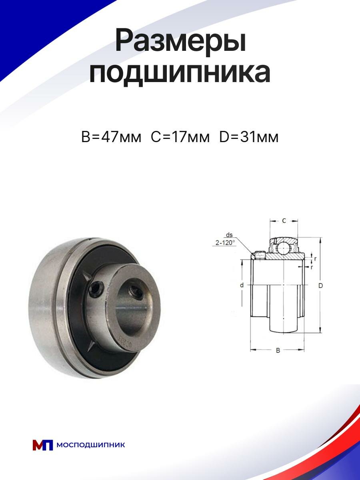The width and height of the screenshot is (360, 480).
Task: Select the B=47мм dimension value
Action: [111, 137]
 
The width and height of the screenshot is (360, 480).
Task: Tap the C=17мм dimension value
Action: [180, 137]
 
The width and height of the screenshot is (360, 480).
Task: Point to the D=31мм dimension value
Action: [249, 137]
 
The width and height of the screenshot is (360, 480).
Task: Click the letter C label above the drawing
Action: [284, 221]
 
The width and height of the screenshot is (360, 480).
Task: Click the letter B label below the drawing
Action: [278, 350]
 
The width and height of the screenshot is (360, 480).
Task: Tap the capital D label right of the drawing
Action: [320, 285]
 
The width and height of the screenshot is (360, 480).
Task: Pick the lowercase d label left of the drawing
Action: [242, 285]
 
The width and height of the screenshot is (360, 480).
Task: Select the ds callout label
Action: [229, 235]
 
